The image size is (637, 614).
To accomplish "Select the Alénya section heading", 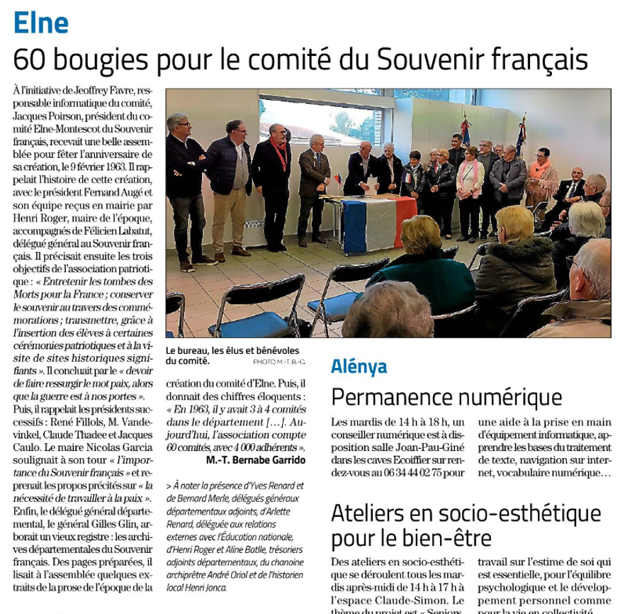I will (x=359, y=367).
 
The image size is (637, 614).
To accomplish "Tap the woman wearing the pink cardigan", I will (x=468, y=177).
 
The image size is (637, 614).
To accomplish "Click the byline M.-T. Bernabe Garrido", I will (x=257, y=460).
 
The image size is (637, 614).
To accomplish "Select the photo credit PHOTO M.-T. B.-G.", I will (x=278, y=362).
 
